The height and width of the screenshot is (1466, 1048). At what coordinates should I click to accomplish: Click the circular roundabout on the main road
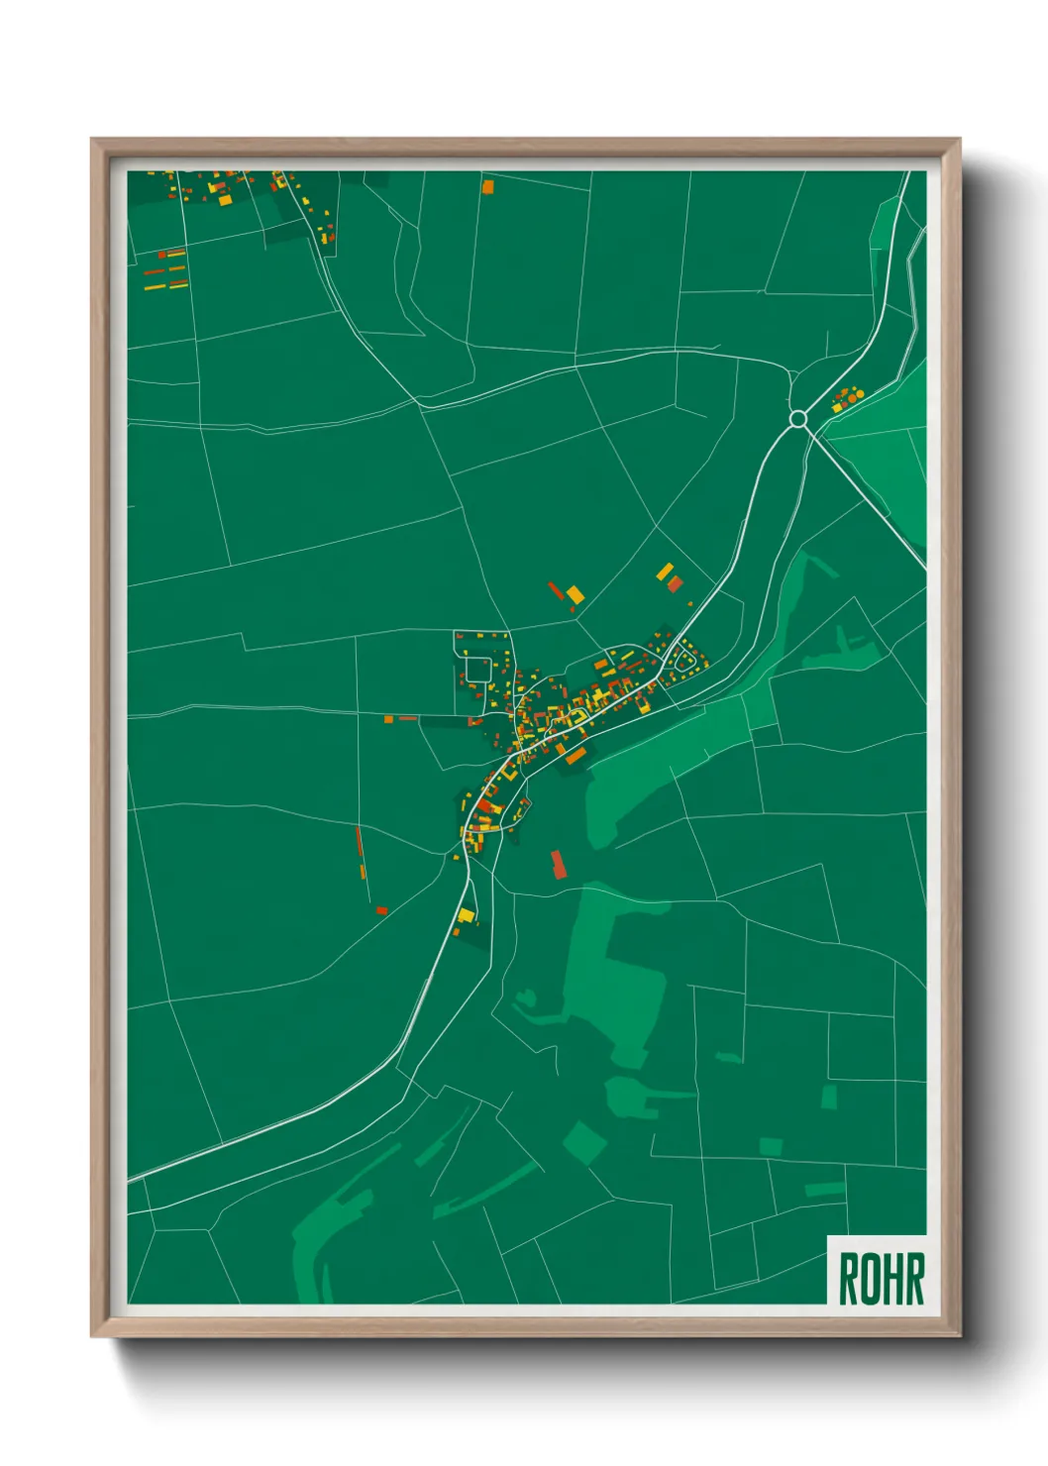(797, 419)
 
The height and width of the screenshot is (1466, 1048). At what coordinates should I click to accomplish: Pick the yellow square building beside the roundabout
(837, 406)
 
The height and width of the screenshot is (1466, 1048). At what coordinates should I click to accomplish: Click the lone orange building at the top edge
(487, 185)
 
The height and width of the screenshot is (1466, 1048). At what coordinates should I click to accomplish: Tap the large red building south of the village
(559, 864)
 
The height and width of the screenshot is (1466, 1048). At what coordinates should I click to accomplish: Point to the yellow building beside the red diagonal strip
(575, 595)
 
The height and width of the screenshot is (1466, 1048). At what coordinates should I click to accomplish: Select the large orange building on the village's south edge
(576, 756)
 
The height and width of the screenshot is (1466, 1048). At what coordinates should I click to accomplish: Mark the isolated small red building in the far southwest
(381, 910)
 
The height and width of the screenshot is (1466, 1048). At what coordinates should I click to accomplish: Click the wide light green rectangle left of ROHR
(824, 1189)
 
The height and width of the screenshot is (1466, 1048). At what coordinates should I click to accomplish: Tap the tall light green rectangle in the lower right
(829, 1097)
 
